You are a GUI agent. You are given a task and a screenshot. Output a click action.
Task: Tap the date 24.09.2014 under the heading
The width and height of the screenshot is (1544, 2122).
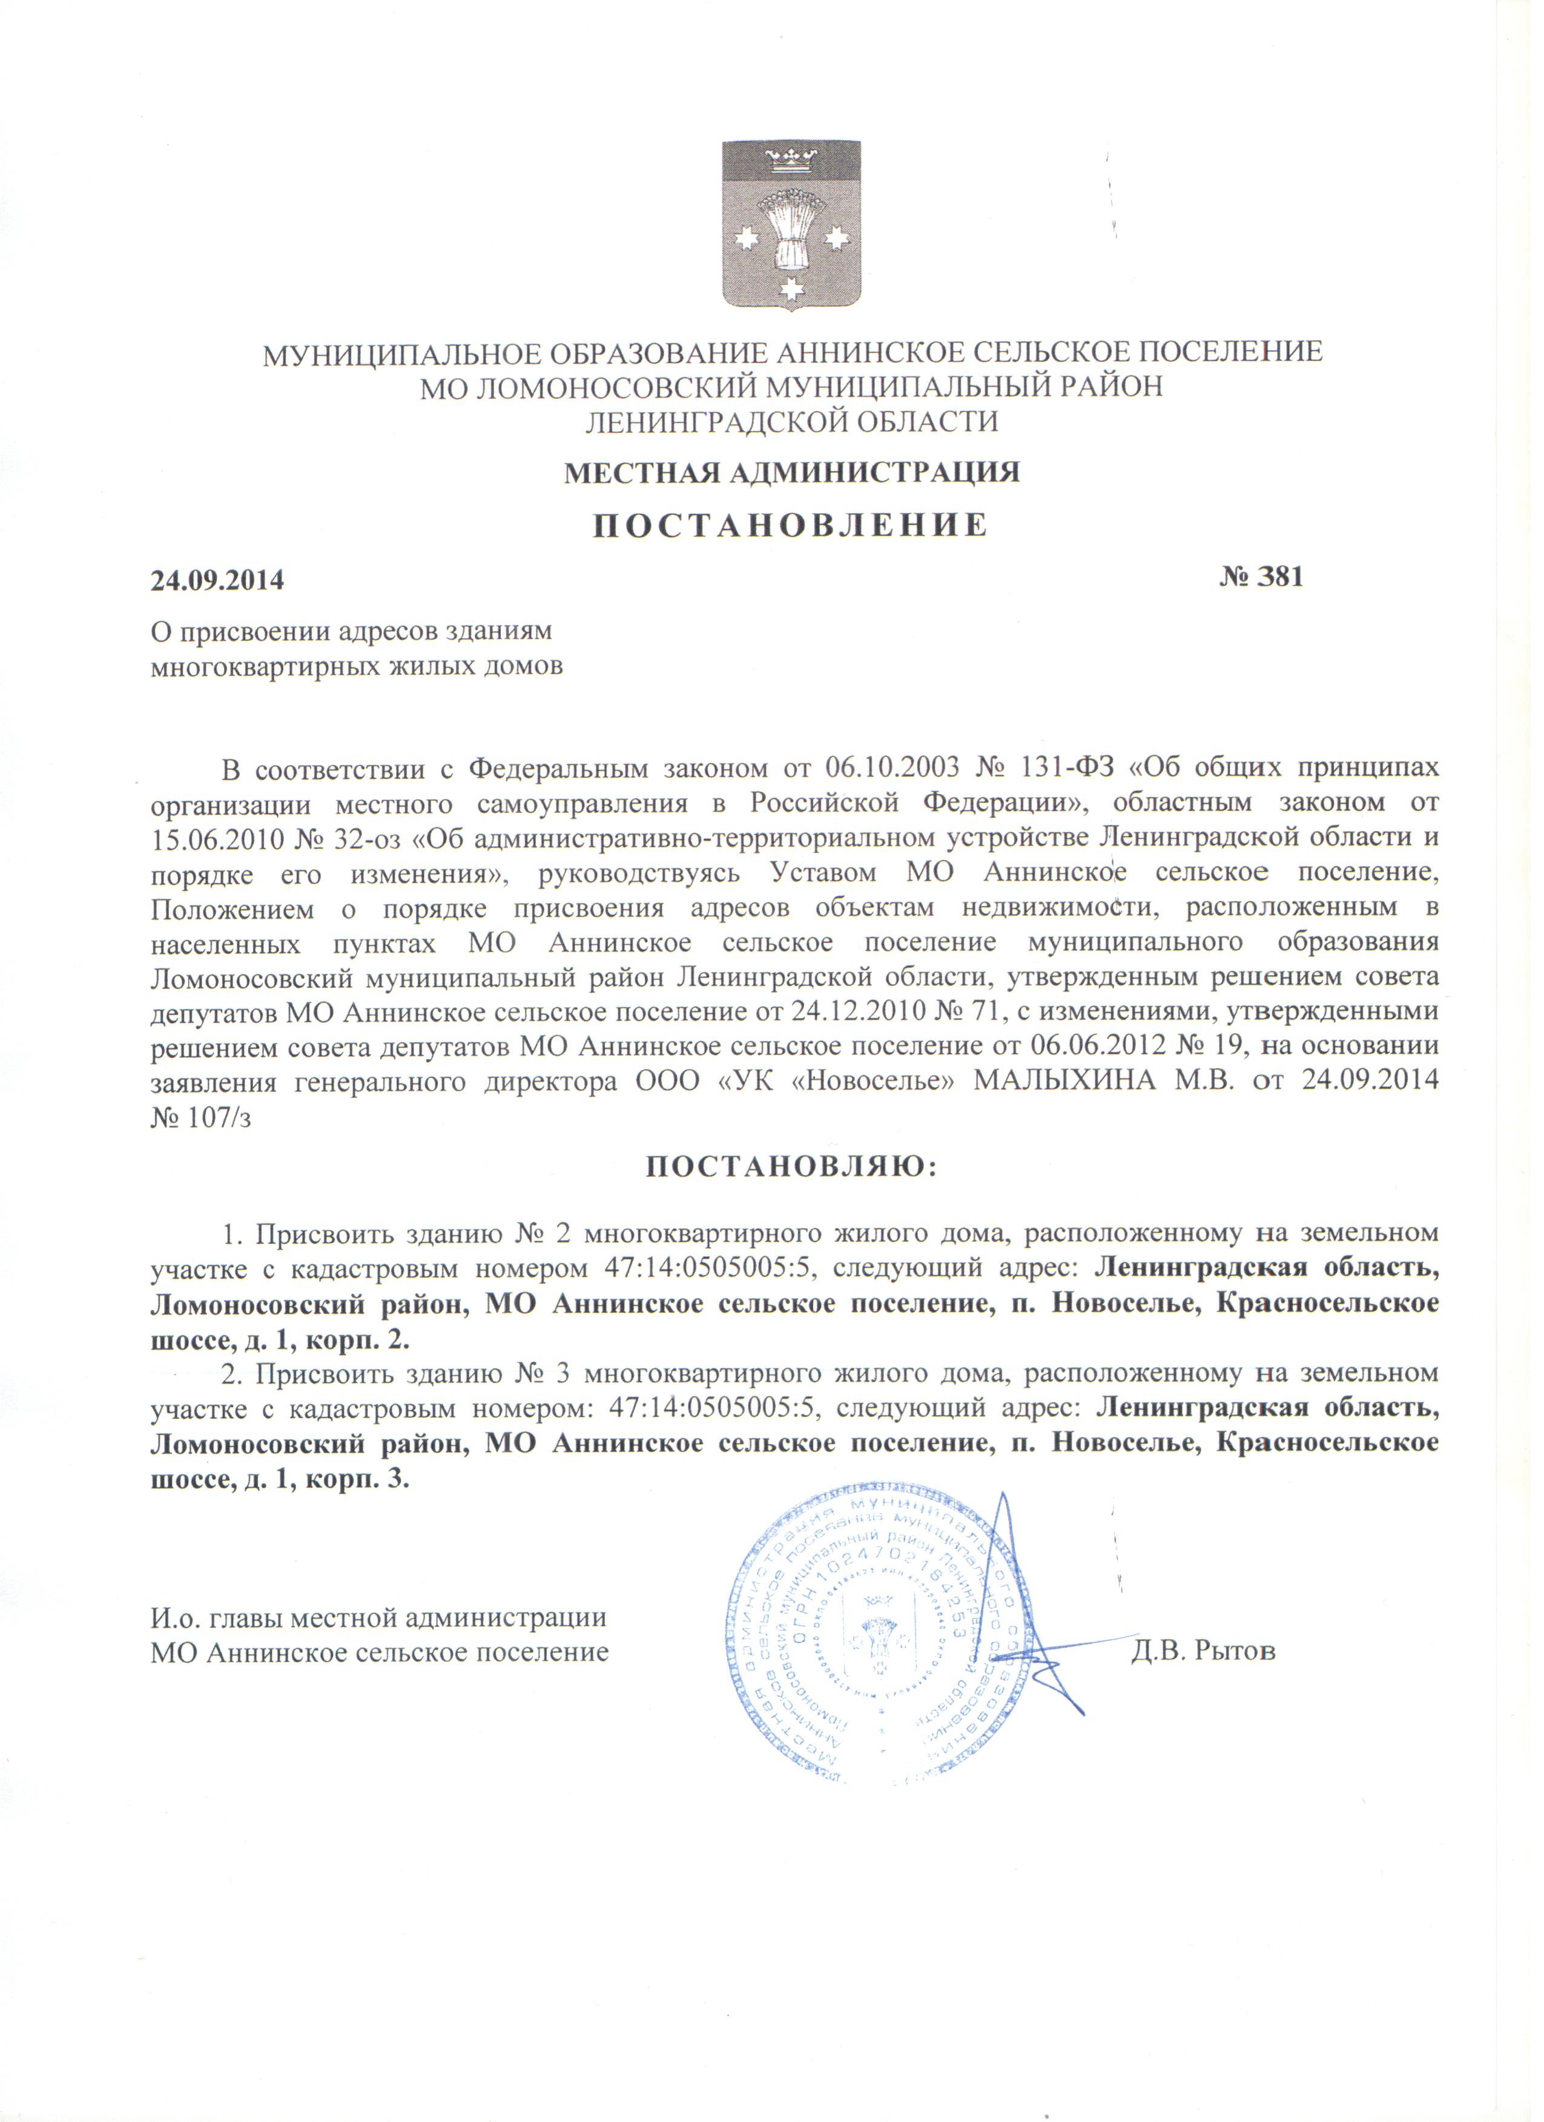pos(217,580)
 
